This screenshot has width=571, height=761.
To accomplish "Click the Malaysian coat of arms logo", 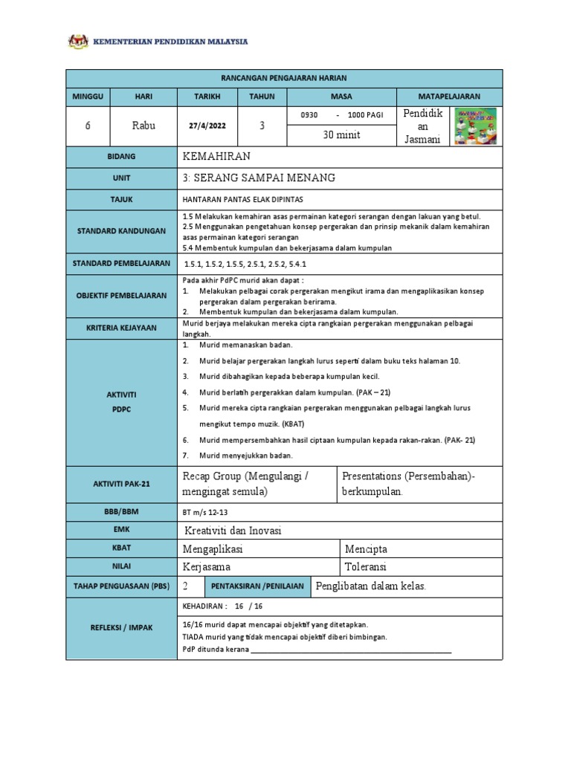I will point(78,42).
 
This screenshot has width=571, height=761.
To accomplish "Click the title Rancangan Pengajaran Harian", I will point(285,78).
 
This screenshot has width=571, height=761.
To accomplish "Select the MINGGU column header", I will point(88,97).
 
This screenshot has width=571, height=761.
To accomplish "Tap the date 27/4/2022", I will point(207,126).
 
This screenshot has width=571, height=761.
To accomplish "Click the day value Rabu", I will point(143,126).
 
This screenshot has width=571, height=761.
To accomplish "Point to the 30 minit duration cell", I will point(341,135).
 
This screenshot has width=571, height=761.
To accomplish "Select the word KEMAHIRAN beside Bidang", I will point(216,157).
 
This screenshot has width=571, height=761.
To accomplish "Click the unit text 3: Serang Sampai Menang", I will point(259,178).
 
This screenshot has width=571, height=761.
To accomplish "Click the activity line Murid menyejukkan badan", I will point(246,455).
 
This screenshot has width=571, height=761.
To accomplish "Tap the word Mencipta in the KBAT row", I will point(366,549).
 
